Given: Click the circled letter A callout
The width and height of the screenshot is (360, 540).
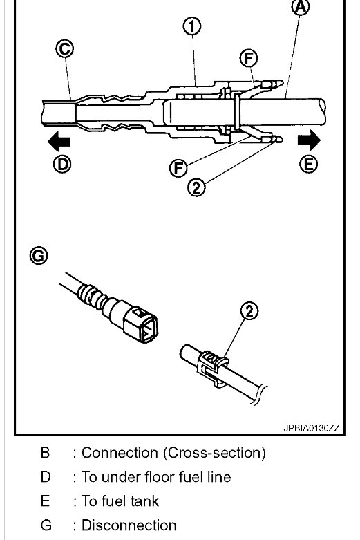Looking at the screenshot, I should [x=300, y=8].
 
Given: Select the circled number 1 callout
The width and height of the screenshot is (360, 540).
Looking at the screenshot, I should [x=192, y=27].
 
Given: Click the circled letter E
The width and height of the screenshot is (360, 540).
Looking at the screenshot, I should [x=309, y=164].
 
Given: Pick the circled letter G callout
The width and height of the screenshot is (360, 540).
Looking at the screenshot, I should [x=39, y=256].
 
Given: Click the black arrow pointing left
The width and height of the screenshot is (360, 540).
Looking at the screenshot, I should [x=59, y=142].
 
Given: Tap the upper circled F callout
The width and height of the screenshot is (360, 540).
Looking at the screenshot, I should [x=248, y=59].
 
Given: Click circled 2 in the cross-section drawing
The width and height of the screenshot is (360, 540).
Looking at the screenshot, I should [x=198, y=187].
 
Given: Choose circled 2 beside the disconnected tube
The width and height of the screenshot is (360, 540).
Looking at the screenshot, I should [x=249, y=311].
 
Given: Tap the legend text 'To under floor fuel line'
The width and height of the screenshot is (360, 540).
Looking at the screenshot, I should [x=156, y=477].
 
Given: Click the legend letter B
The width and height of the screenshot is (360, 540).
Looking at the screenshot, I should [x=45, y=454].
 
